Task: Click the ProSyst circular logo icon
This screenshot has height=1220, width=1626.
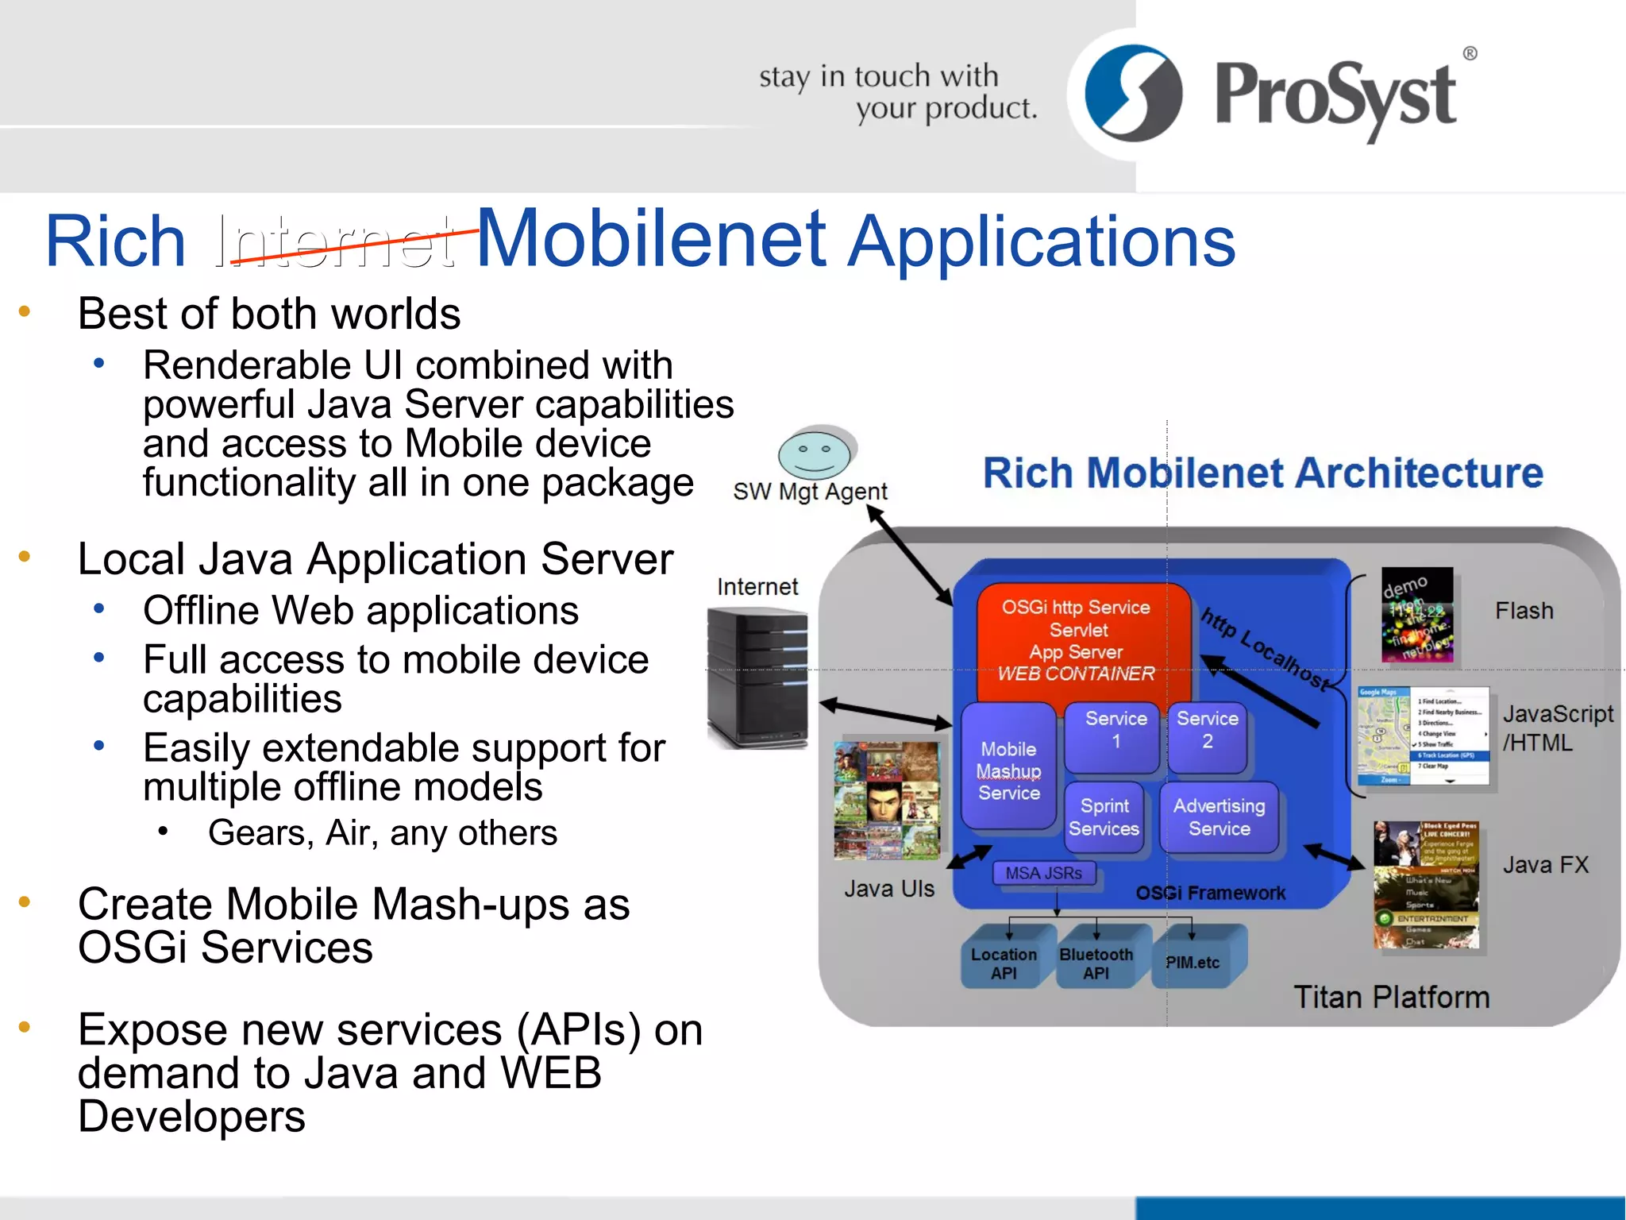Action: tap(1133, 93)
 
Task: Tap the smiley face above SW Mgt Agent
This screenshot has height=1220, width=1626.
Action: tap(814, 453)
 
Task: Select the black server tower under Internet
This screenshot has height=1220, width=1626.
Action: tap(757, 678)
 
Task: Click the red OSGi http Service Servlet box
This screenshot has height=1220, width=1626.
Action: tap(1077, 640)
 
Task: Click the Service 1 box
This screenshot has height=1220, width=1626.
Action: tap(1115, 735)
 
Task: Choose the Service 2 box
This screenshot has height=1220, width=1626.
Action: tap(1207, 735)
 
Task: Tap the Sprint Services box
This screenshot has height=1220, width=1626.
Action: tap(1104, 817)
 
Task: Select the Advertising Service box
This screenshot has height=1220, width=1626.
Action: tap(1219, 817)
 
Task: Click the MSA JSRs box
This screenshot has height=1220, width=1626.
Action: tap(1043, 873)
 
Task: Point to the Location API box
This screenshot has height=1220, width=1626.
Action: tap(1004, 962)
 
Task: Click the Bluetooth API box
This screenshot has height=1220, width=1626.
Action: tap(1096, 962)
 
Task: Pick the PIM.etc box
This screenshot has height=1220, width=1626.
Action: tap(1193, 962)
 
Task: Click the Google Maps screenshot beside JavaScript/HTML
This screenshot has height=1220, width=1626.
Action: tap(1423, 736)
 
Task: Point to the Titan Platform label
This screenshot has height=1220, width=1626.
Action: tap(1392, 997)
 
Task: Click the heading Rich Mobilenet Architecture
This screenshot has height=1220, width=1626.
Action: tap(1262, 473)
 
